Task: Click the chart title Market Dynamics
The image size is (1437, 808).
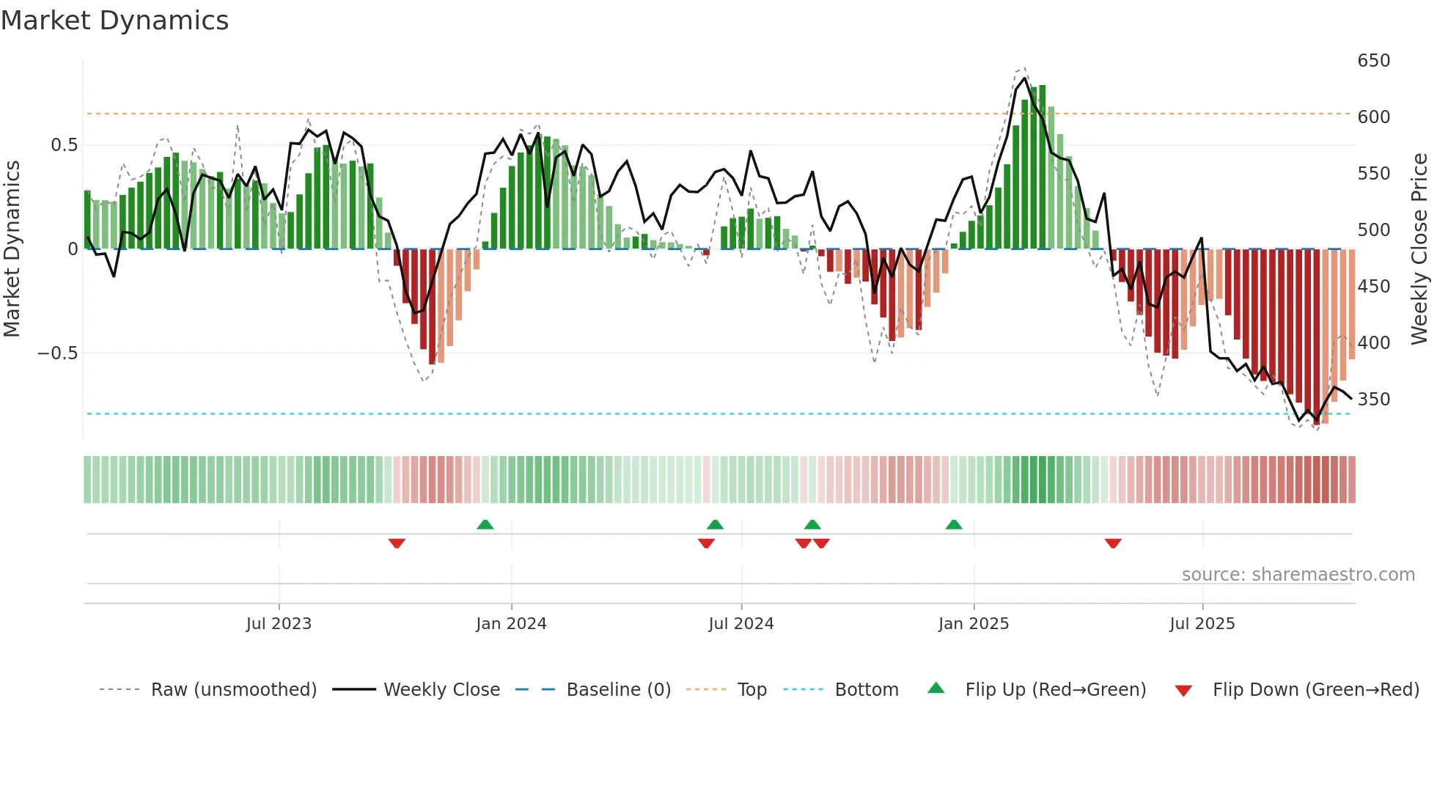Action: (x=114, y=21)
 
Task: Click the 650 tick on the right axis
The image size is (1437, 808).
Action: (x=1373, y=60)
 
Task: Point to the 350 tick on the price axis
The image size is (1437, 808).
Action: (x=1373, y=399)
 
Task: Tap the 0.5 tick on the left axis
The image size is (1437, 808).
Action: (x=64, y=144)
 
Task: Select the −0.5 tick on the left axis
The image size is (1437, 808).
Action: (x=58, y=353)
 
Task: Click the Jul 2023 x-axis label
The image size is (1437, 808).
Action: (x=279, y=624)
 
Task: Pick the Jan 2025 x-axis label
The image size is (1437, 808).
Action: (x=974, y=624)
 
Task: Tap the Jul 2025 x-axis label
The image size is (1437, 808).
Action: (x=1202, y=624)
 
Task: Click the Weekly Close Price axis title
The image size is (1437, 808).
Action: (x=1420, y=249)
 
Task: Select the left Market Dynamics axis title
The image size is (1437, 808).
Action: (x=12, y=249)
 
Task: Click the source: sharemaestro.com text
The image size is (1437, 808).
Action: (x=1298, y=575)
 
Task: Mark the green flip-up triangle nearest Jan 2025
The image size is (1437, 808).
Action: (x=953, y=524)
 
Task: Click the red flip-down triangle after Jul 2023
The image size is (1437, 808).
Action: (x=397, y=543)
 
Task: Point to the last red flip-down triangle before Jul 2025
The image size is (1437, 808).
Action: (x=1113, y=543)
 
